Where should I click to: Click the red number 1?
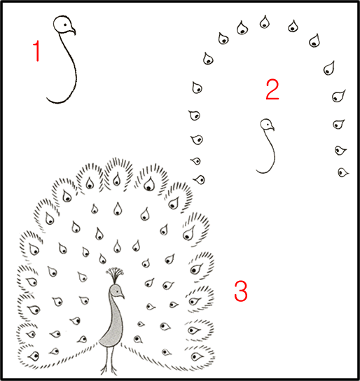tap(37, 51)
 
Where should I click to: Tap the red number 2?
tap(272, 89)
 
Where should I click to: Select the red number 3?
tap(241, 291)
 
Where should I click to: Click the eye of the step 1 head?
tap(65, 25)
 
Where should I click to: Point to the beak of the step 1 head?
tap(72, 31)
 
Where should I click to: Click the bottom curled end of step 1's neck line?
tap(47, 99)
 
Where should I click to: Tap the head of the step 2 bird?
tap(266, 125)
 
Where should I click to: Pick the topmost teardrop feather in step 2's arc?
tap(265, 22)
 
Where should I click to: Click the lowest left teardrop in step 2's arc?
tap(200, 179)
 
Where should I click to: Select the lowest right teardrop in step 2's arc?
tap(343, 172)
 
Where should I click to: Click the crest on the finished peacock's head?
tap(115, 275)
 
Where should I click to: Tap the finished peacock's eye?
tap(118, 291)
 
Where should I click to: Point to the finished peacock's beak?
tap(122, 296)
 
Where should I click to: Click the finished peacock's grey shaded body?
tap(113, 323)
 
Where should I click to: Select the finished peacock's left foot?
tap(105, 369)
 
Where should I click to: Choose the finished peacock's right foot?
tap(113, 369)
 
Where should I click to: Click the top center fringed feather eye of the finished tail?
tap(117, 179)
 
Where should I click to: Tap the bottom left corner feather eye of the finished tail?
tap(34, 356)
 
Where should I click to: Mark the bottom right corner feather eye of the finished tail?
tap(197, 356)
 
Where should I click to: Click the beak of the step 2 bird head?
tap(272, 128)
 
